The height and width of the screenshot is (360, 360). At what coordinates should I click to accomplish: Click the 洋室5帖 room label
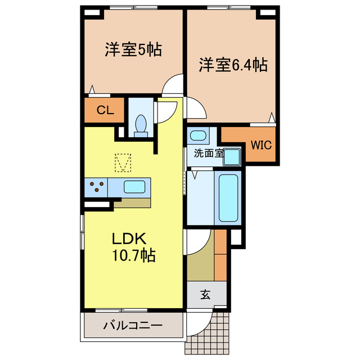click(x=133, y=50)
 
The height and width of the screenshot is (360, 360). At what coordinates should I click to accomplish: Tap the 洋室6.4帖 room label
click(x=232, y=65)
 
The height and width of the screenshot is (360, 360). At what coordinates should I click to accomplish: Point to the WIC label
click(x=261, y=145)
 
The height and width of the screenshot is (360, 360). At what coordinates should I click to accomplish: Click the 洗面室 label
click(x=208, y=152)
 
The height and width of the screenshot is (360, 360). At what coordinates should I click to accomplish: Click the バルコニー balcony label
click(x=133, y=326)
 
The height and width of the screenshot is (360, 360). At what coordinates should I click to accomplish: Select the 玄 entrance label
click(x=205, y=295)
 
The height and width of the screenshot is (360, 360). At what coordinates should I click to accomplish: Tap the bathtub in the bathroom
click(x=228, y=199)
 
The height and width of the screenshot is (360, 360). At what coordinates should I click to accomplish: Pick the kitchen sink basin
click(x=136, y=187)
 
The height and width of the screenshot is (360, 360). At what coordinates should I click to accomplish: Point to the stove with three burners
click(x=96, y=187)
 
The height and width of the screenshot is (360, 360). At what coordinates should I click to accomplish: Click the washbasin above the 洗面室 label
click(x=197, y=136)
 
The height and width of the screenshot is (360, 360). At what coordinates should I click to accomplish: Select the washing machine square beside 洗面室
click(x=232, y=157)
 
